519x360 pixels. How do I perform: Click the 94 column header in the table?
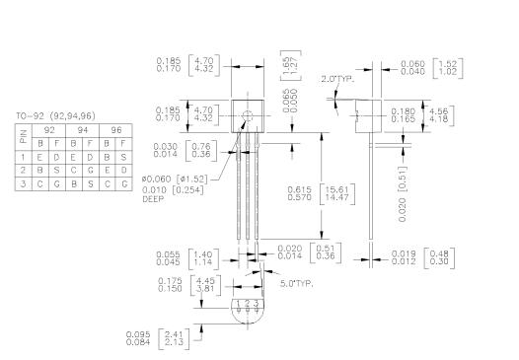84,129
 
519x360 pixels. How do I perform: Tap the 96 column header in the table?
116,129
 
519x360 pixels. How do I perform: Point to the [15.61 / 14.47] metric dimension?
341,192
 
